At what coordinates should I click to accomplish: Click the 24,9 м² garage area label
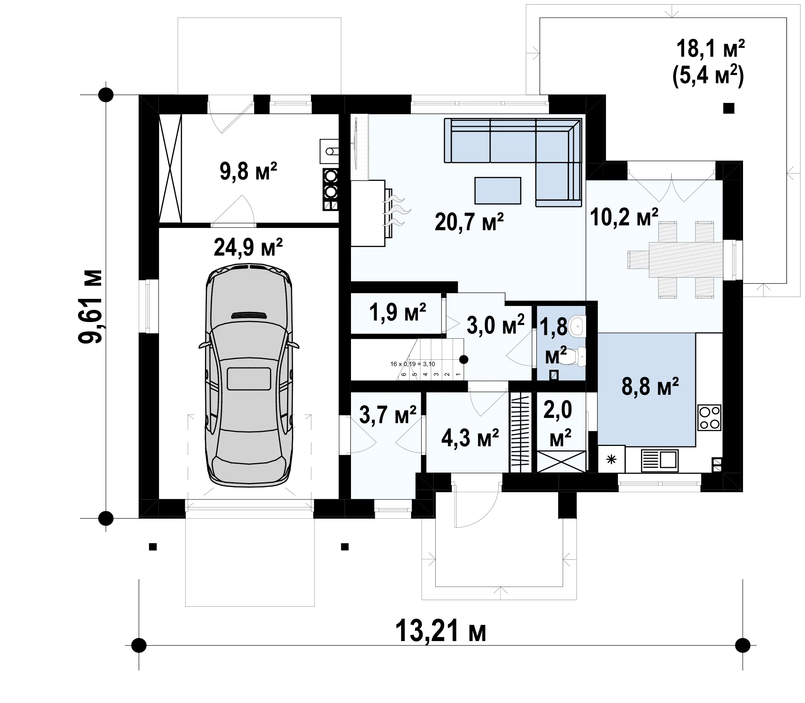[248, 247]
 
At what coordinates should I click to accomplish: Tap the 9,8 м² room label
[248, 171]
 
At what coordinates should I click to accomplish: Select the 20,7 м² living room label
[469, 222]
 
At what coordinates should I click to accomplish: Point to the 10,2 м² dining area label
[624, 217]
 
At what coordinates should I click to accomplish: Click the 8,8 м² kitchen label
[650, 387]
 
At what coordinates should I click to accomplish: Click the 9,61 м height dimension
[90, 307]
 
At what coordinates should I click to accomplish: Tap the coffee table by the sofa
[498, 191]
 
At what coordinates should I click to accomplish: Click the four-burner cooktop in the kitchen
[709, 418]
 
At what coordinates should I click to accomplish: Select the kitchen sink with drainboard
[660, 460]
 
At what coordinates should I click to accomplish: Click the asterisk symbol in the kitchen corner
[611, 459]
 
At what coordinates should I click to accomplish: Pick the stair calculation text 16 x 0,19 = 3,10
[413, 364]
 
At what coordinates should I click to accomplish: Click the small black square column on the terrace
[728, 108]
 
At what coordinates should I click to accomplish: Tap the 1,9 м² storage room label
[398, 313]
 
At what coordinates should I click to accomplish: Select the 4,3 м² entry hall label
[470, 438]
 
